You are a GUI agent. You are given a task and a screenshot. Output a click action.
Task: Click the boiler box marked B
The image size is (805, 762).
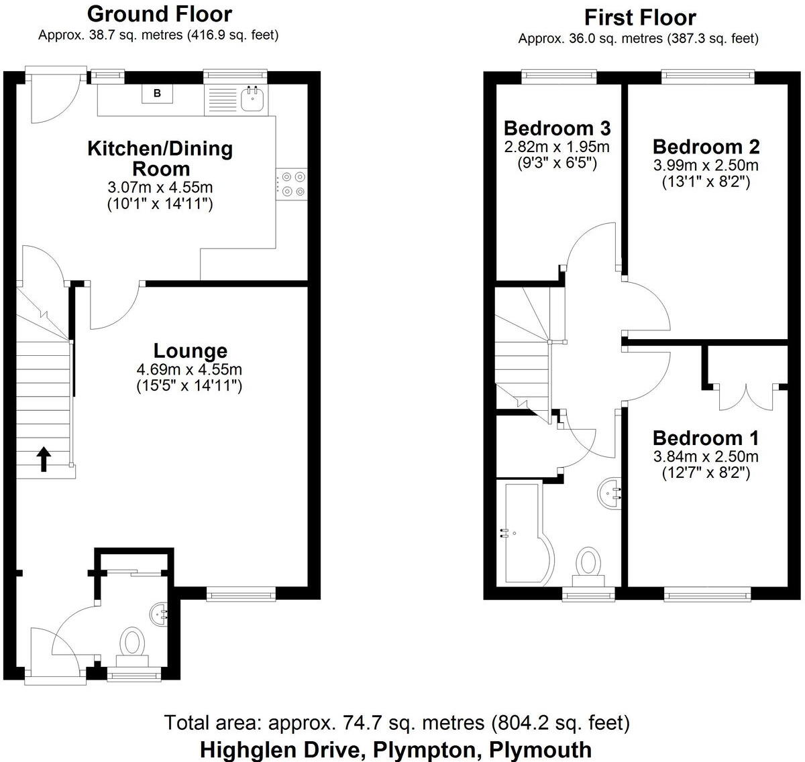pyautogui.click(x=157, y=93)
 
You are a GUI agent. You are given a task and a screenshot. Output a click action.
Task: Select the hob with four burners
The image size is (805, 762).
pyautogui.click(x=292, y=183)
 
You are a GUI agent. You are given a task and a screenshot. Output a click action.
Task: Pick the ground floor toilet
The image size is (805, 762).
pyautogui.click(x=132, y=643)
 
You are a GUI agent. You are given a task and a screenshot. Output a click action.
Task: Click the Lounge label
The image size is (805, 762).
pyautogui.click(x=190, y=351)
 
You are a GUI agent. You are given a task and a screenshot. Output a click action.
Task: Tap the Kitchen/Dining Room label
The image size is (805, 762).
pyautogui.click(x=160, y=158)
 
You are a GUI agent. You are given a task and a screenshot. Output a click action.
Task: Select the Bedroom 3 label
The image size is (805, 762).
pyautogui.click(x=557, y=127)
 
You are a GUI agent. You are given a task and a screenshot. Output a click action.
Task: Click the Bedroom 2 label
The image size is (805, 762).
pyautogui.click(x=706, y=146)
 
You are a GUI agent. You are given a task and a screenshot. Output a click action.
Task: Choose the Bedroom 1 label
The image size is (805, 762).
pyautogui.click(x=706, y=438)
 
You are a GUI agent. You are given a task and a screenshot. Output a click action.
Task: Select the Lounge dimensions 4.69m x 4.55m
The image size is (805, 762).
pyautogui.click(x=189, y=369)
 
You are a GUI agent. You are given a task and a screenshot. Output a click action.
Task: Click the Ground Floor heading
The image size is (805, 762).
pyautogui.click(x=160, y=13)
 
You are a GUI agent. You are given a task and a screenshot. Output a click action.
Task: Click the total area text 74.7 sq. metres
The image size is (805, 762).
pyautogui.click(x=376, y=723)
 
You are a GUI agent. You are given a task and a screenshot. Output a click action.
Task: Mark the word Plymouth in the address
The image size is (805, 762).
pyautogui.click(x=541, y=749)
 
